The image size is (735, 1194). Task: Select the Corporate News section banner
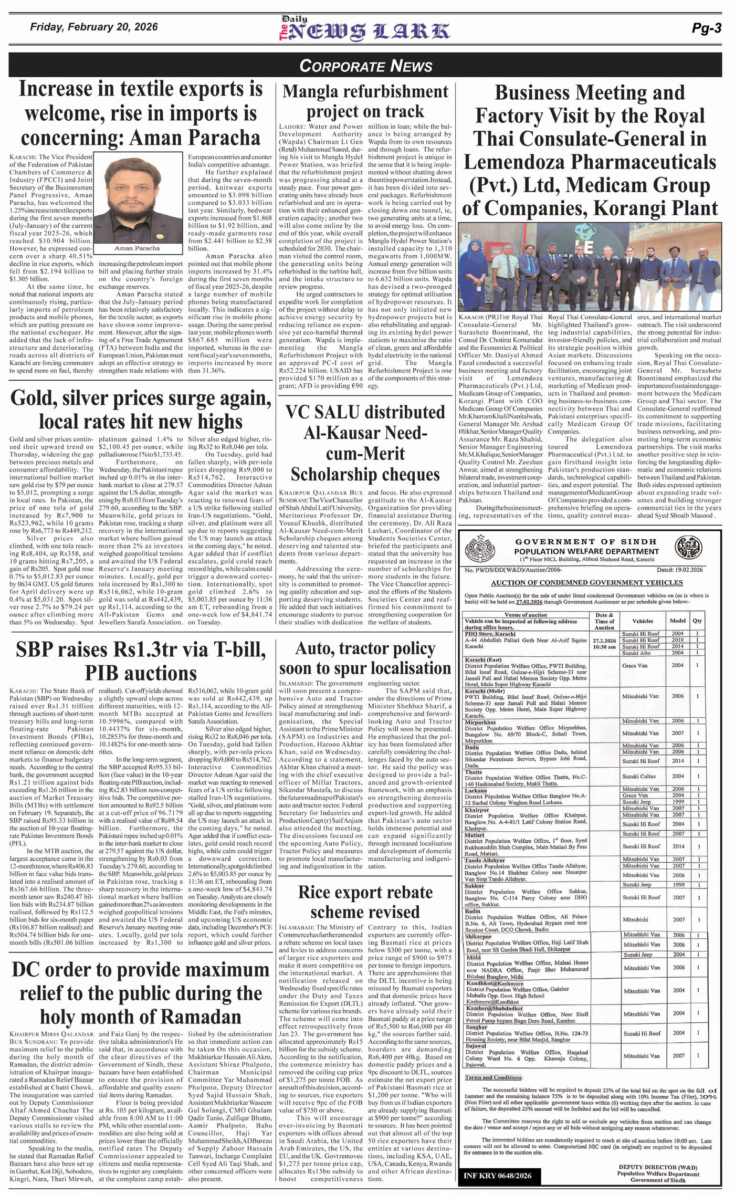pos(366,66)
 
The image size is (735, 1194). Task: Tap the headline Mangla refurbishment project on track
pos(365,101)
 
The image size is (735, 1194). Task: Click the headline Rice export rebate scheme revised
pos(365,901)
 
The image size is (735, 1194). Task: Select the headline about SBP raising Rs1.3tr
pos(141,662)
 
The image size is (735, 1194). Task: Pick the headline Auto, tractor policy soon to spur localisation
pos(365,658)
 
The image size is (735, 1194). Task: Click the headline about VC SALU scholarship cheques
pos(365,443)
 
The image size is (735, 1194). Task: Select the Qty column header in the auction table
pos(697,621)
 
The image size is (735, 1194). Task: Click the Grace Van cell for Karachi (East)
pos(635,666)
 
